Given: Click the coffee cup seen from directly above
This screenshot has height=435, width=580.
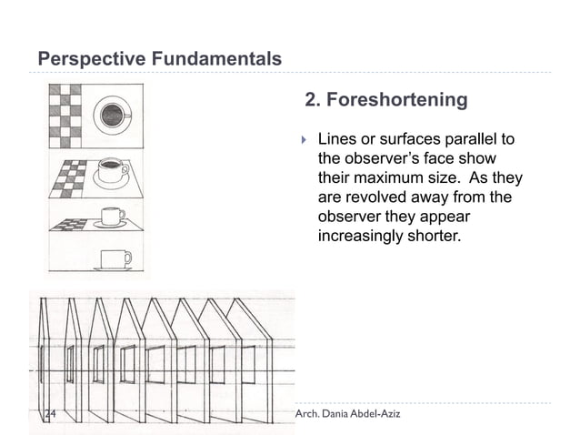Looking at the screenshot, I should click(114, 115).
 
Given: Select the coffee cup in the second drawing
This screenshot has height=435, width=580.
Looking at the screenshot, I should click(111, 171).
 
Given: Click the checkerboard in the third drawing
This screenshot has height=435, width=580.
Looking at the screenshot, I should click(68, 224).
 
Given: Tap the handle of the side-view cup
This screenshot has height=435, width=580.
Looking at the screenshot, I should click(126, 258).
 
